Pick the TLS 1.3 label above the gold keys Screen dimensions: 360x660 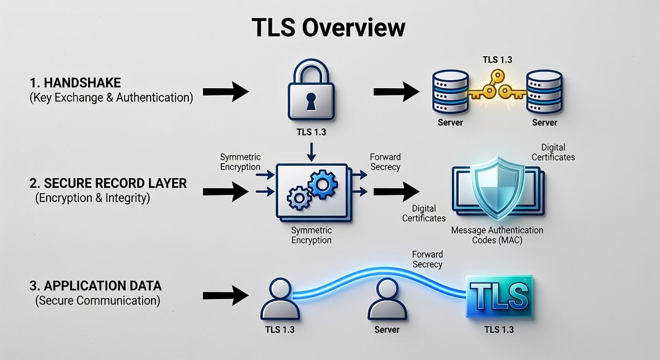[497, 60]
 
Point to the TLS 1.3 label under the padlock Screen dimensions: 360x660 [311, 132]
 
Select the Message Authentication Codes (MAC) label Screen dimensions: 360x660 [497, 235]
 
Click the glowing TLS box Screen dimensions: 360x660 [499, 296]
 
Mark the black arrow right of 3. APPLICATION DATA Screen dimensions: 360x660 [226, 295]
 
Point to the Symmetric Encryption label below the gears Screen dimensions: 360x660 [311, 235]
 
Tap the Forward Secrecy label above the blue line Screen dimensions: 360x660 [427, 259]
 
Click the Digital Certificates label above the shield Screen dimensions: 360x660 [553, 152]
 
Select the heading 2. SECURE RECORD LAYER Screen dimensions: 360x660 [108, 183]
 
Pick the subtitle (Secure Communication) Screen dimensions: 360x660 [98, 301]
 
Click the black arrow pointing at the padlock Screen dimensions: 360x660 [226, 92]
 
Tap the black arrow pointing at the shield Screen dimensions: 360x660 [396, 192]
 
